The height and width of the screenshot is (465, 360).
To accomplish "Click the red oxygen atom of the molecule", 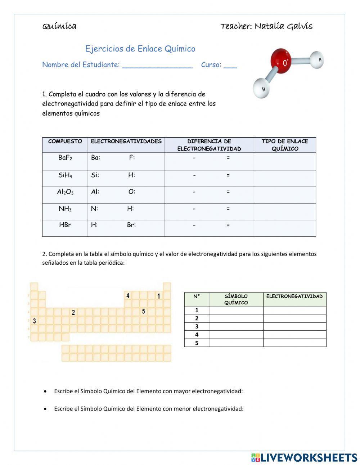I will click(x=283, y=62).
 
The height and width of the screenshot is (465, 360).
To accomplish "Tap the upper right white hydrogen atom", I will click(x=317, y=59).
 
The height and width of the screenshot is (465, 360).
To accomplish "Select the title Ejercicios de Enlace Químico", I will click(x=140, y=49).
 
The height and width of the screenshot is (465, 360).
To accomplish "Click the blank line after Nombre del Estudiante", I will click(x=157, y=66).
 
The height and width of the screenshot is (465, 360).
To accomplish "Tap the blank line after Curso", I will click(x=230, y=66).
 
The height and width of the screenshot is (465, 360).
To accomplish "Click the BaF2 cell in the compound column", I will click(x=65, y=158).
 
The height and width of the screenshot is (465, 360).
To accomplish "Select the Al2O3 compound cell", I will click(x=65, y=192).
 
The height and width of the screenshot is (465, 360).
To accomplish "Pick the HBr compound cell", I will click(x=65, y=225).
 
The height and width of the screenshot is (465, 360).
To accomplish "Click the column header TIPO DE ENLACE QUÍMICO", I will click(x=285, y=145).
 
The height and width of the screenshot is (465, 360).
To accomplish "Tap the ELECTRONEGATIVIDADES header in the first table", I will click(x=126, y=141).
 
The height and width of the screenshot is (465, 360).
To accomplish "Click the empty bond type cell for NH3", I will click(x=285, y=212).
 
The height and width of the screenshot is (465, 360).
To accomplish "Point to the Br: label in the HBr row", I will click(x=131, y=225).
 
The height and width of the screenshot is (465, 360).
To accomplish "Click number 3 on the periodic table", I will click(x=35, y=321).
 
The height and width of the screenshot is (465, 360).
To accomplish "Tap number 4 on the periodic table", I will click(x=127, y=296).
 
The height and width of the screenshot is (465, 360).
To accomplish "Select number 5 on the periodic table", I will click(x=143, y=311).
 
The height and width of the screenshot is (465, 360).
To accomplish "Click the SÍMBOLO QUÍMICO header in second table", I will click(x=236, y=299).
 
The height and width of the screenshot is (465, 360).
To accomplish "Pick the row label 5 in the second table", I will click(x=197, y=343).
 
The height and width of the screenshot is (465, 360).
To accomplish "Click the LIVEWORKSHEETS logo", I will click(x=304, y=457).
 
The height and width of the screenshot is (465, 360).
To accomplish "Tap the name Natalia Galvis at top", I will click(x=283, y=26).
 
